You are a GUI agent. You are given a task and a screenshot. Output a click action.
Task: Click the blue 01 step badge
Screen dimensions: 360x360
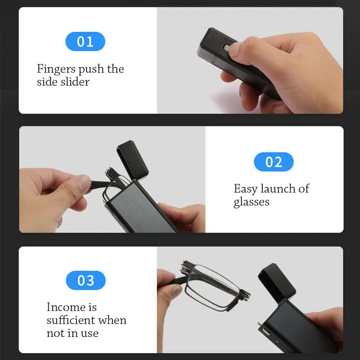[85, 41]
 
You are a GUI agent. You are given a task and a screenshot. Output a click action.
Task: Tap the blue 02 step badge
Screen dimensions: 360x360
[274, 162]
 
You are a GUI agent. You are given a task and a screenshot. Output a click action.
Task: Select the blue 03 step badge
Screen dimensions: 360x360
[86, 280]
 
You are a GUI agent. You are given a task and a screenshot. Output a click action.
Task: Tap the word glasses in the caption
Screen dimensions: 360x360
[251, 202]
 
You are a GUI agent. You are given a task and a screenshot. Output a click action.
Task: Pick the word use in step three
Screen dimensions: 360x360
[90, 333]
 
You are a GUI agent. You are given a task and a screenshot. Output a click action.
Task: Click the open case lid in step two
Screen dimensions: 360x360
[132, 159]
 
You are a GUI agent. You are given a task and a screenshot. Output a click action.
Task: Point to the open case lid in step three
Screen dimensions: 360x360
[277, 282]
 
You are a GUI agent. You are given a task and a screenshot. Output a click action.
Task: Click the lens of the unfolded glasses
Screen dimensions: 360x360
[212, 286]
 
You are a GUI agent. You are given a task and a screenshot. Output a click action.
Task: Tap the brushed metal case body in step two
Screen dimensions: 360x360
[140, 208]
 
